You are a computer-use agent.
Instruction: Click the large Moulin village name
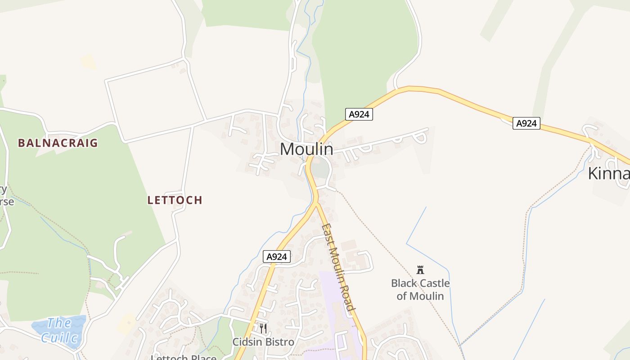point(306,149)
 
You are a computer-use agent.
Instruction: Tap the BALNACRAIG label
point(58,143)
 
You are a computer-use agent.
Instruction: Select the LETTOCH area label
point(175,200)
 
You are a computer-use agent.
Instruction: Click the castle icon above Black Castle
point(420,270)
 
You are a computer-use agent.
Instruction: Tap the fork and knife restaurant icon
point(263,328)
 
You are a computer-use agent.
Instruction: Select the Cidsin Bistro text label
point(263,342)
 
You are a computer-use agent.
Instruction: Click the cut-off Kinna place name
point(608,173)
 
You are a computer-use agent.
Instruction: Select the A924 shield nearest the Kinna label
point(526,123)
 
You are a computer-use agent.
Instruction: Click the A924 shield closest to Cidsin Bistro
point(276,256)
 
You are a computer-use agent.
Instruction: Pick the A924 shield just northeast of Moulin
point(359,114)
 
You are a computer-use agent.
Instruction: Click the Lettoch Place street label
point(184,357)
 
